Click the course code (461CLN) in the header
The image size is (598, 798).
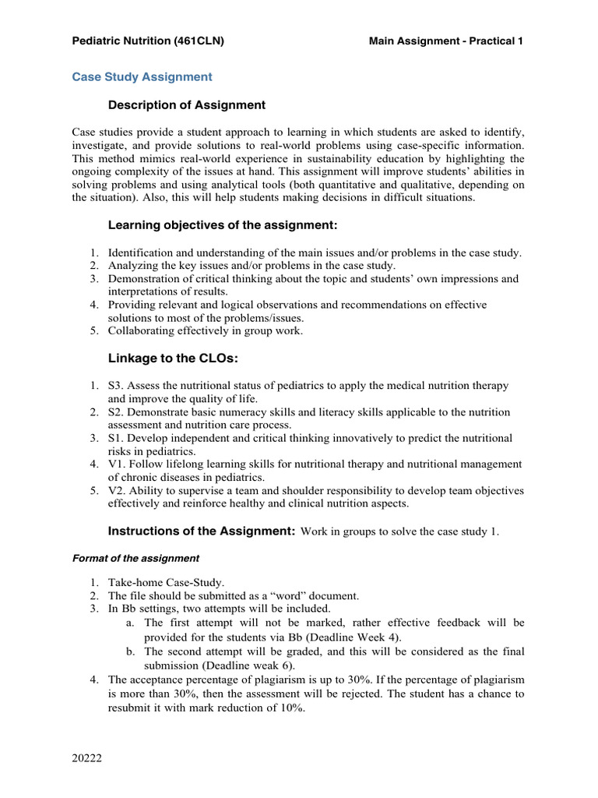pyautogui.click(x=199, y=41)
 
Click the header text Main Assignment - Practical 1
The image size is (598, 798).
pyautogui.click(x=445, y=41)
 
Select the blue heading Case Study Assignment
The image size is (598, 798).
pyautogui.click(x=142, y=77)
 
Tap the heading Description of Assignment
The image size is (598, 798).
pyautogui.click(x=186, y=105)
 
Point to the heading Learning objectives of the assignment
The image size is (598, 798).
pyautogui.click(x=222, y=225)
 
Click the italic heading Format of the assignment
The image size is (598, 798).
pyautogui.click(x=135, y=559)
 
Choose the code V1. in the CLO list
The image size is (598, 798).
pyautogui.click(x=116, y=464)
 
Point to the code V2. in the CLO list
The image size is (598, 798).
pyautogui.click(x=116, y=490)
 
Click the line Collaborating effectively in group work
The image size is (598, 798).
pyautogui.click(x=206, y=330)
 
